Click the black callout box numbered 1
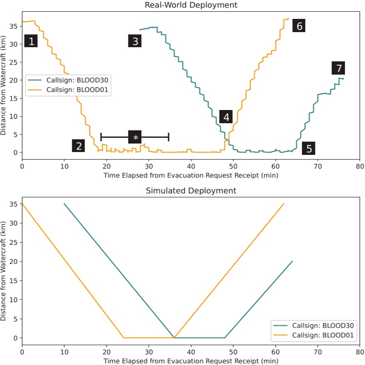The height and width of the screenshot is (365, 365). point(31,42)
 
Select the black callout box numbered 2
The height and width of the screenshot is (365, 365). point(78,146)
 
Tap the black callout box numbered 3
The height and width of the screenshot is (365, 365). point(135,42)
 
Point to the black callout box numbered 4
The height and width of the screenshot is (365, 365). point(226,117)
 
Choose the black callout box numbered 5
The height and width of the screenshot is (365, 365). point(309,149)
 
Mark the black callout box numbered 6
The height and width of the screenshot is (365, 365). point(298,25)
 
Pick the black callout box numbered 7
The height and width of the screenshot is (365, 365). point(338,68)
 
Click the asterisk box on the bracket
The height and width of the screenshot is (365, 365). point(135,137)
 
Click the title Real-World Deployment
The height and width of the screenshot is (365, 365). point(191,5)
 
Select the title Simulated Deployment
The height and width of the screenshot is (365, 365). point(191,191)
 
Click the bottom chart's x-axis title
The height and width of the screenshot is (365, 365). point(191,361)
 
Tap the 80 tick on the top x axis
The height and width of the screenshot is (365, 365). point(360,166)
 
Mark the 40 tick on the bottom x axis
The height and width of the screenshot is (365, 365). point(191,352)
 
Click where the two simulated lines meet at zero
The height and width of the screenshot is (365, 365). point(174,338)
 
